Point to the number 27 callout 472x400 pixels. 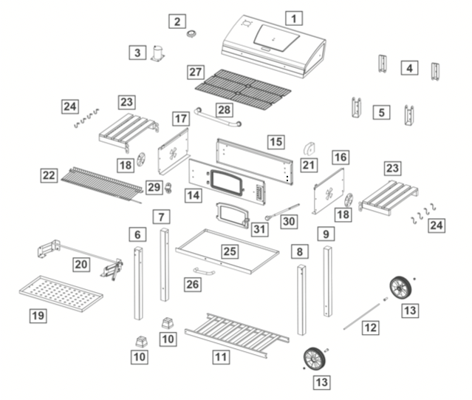pyautogui.click(x=195, y=72)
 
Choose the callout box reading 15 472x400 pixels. pyautogui.click(x=276, y=140)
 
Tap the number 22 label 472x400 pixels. pyautogui.click(x=49, y=175)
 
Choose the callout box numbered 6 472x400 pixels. pyautogui.click(x=137, y=234)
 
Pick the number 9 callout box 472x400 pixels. pyautogui.click(x=326, y=234)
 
